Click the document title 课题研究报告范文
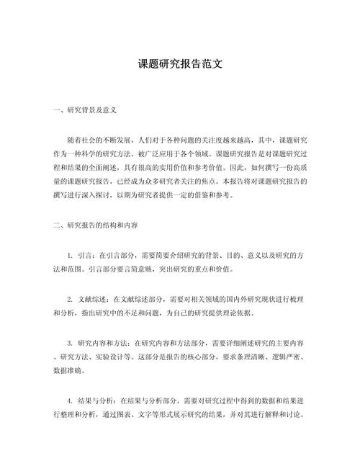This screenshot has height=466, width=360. click(180, 64)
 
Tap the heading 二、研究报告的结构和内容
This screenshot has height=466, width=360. click(91, 225)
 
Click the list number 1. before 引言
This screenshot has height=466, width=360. click(70, 255)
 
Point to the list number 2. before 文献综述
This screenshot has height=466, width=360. click(70, 298)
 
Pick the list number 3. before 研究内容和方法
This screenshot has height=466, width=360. click(70, 341)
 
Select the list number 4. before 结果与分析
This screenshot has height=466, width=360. click(70, 400)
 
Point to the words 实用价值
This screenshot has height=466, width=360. click(174, 167)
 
